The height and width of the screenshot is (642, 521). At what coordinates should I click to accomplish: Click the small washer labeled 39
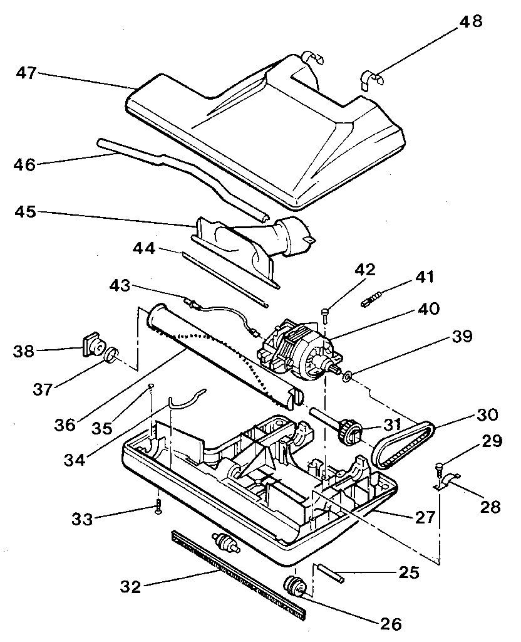(346, 377)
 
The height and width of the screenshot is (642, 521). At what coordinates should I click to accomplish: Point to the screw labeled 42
(324, 312)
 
